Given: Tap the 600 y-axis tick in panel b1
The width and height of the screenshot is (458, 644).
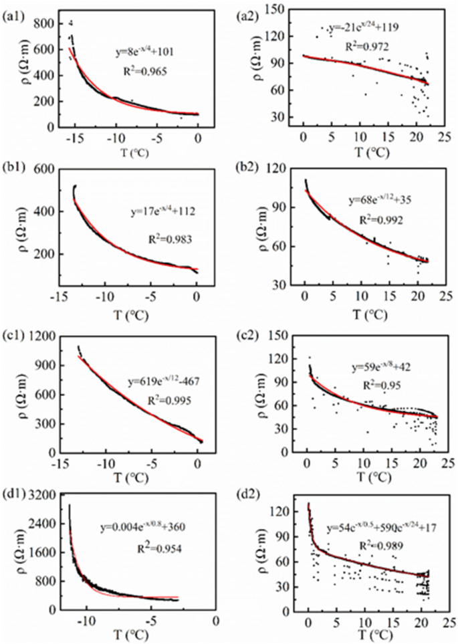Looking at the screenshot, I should tap(49, 171).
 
